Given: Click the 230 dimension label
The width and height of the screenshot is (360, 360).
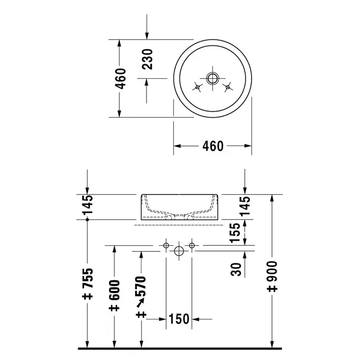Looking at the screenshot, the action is pos(147,59).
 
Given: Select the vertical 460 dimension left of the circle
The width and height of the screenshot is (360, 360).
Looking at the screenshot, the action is pos(120,79).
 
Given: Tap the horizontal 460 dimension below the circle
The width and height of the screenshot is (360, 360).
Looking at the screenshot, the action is pos(213,146).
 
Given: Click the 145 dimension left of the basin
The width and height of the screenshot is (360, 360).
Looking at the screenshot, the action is pos(88,204).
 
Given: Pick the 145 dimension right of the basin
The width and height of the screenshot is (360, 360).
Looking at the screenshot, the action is pos(245,206).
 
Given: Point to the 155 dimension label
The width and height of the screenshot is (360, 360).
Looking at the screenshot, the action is pos(235,232).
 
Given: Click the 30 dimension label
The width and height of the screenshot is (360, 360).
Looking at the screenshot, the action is pos(236,269).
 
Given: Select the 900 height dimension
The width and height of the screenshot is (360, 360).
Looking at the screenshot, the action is pos(272,276).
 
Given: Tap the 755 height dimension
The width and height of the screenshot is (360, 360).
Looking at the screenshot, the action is pos(88,283).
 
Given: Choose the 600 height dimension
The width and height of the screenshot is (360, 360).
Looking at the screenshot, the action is pos(114,296).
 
